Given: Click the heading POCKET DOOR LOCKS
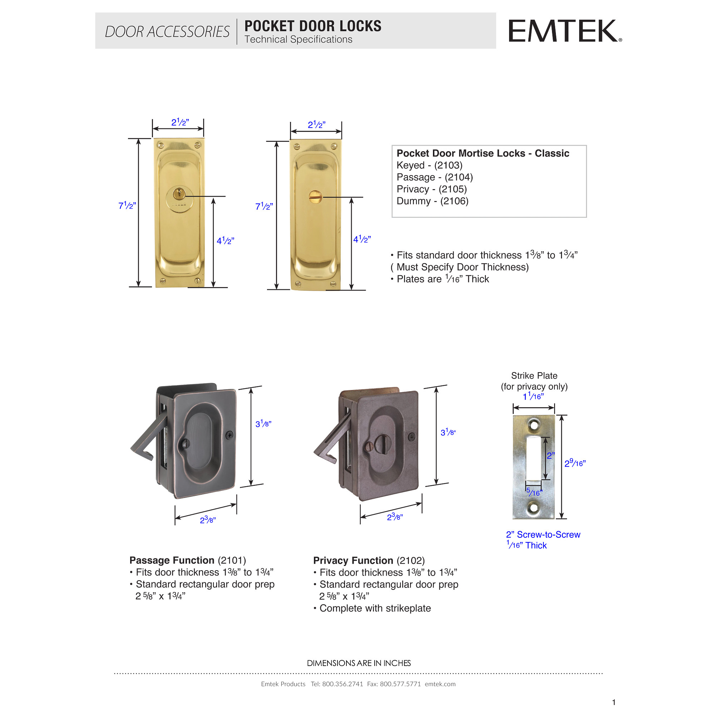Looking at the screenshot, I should [x=313, y=26].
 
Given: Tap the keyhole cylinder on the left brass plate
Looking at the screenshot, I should [x=179, y=194].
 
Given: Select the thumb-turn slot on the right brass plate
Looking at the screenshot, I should [x=315, y=197].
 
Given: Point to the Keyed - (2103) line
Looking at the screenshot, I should [x=429, y=166].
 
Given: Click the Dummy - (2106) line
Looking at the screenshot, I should [x=432, y=201].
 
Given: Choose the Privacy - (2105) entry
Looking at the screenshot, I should [x=432, y=189].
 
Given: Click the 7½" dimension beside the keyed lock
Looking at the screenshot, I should [x=127, y=206].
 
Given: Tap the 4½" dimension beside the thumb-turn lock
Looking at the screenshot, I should [x=361, y=240].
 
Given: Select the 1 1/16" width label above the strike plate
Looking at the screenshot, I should [x=533, y=397].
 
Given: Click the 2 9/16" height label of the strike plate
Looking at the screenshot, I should [x=575, y=463].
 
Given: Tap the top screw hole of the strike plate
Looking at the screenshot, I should [x=534, y=425].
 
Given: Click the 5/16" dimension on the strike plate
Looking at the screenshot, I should [x=534, y=492].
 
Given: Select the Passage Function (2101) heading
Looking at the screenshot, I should [x=187, y=560].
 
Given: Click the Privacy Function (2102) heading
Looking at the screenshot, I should [x=369, y=561].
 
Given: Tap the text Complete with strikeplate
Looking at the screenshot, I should [x=375, y=608].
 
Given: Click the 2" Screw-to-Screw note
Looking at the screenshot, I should [x=543, y=535].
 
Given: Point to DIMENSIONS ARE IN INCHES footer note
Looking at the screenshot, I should [x=359, y=663].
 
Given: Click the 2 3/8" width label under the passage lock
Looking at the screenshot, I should [x=208, y=520].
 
